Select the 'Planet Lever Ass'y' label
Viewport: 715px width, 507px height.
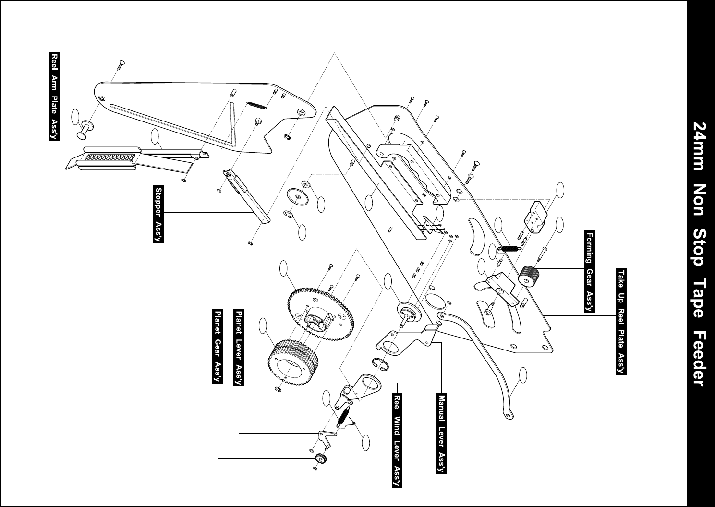click(238, 347)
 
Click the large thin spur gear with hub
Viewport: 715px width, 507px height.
click(320, 317)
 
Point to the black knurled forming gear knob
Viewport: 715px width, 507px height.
click(529, 276)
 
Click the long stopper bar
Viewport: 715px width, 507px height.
click(246, 196)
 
